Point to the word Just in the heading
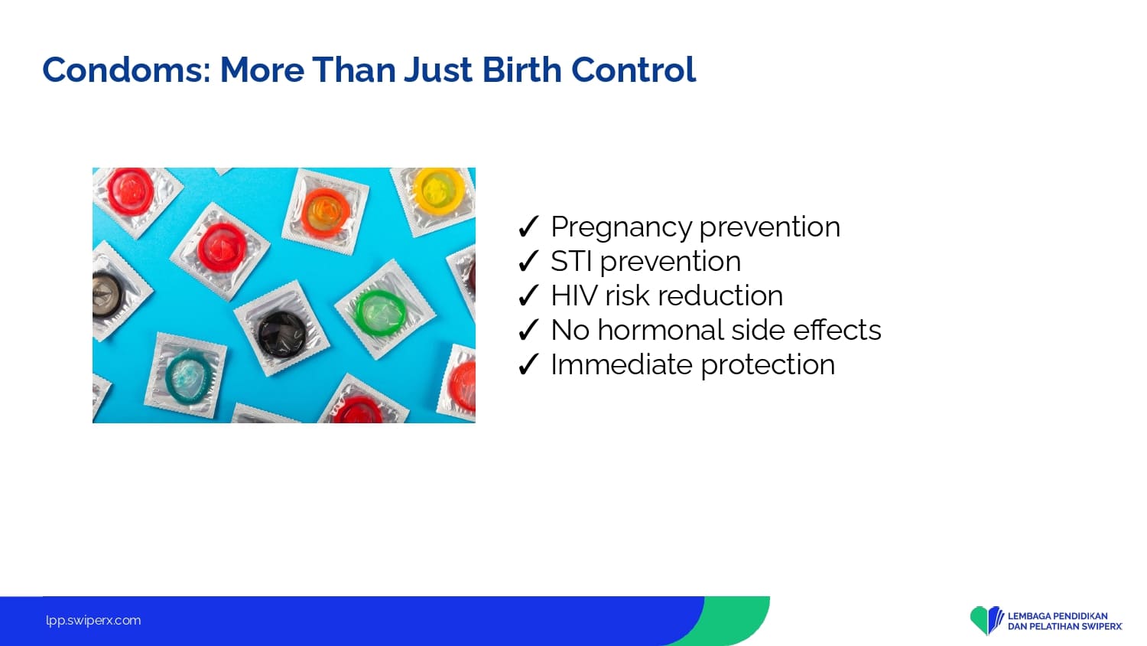pos(438,70)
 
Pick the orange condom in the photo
pos(325,212)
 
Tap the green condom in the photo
pos(380,312)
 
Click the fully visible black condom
pos(281,333)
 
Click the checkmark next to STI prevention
pos(528,261)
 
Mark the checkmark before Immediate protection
pos(528,364)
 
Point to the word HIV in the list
pos(573,295)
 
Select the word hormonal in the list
pos(661,329)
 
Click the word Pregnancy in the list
pos(622,227)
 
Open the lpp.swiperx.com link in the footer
pos(93,621)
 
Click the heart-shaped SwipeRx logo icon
pos(986,620)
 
